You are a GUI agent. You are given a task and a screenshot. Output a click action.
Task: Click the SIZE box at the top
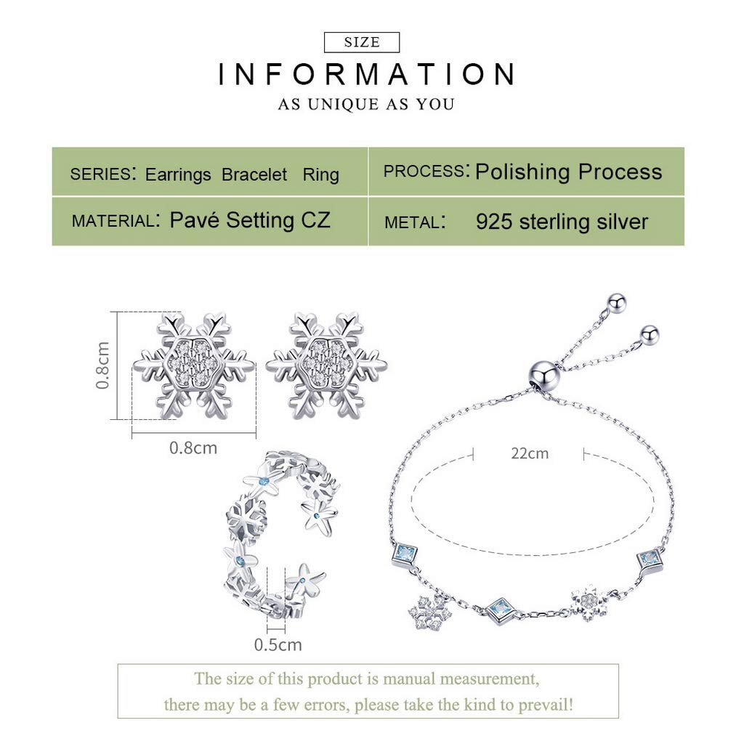coord(362,42)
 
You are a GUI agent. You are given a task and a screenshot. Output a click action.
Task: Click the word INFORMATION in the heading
coord(366,74)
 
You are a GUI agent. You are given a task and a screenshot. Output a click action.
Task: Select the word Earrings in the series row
coord(178,174)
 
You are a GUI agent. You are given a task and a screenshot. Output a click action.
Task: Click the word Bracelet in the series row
coord(254,174)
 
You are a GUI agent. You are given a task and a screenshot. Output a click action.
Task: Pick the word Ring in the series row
coord(320,174)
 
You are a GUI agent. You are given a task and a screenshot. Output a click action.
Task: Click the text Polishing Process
coord(568,171)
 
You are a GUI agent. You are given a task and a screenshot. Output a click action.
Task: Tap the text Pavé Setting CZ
coord(250,220)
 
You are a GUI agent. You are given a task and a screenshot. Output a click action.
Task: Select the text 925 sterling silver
coord(562,222)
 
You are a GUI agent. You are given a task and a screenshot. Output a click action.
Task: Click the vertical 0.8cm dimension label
coord(102,365)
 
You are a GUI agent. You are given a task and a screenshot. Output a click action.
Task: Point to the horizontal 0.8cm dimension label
coord(193,448)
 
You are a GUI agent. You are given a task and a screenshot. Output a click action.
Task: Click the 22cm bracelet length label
coord(530,453)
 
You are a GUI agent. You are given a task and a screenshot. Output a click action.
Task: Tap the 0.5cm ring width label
coord(278,645)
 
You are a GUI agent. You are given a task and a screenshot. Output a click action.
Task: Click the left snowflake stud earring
coord(193,365)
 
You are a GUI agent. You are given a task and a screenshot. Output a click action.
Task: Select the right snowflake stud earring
coord(326,365)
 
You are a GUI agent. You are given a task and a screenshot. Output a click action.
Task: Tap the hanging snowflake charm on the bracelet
coord(430,613)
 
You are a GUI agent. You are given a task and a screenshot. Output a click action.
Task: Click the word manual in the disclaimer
coord(409,679)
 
